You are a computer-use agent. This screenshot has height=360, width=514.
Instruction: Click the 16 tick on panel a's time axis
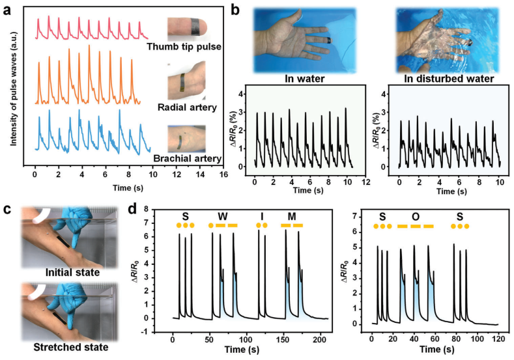[x=223, y=174]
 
